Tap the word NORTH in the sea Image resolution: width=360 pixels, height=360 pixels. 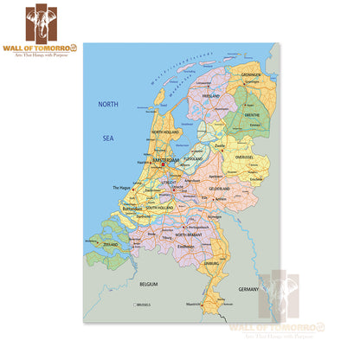(x=107, y=104)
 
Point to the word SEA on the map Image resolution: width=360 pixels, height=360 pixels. (x=107, y=138)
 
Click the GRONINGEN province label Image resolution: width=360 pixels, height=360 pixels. (x=251, y=74)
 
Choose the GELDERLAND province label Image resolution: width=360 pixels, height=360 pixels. (x=219, y=187)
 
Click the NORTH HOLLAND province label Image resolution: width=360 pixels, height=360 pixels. (x=165, y=132)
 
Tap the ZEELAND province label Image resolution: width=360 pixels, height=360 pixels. (x=109, y=245)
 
